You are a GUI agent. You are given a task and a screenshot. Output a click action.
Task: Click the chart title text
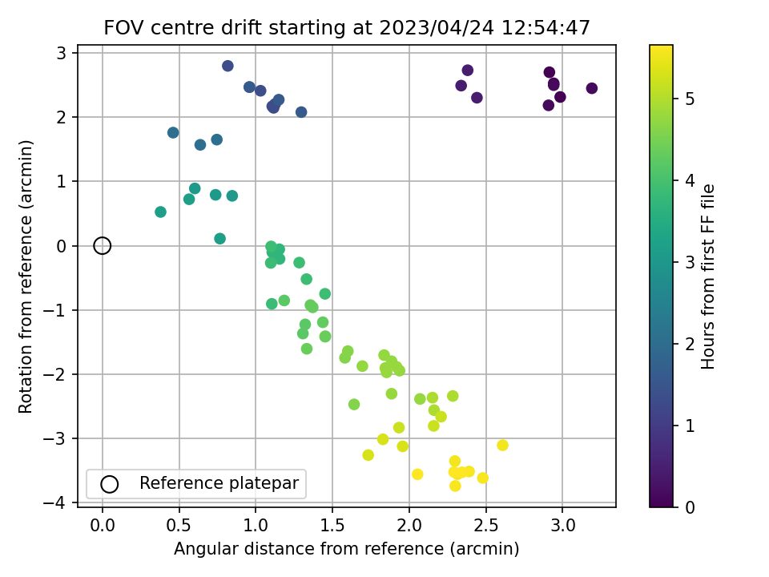(347, 28)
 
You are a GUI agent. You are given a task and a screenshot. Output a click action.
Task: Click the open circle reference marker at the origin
(102, 245)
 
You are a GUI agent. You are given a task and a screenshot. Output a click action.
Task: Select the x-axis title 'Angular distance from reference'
(346, 549)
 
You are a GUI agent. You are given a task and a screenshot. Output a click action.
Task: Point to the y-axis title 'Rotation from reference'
(26, 276)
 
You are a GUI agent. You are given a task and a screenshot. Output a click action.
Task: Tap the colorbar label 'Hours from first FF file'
(708, 276)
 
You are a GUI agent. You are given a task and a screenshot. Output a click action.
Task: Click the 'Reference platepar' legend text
(219, 483)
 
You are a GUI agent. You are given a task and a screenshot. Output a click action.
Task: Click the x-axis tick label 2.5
(485, 526)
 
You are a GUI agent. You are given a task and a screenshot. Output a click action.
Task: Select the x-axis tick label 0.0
(102, 526)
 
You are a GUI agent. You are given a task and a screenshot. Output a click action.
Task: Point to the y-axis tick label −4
(61, 502)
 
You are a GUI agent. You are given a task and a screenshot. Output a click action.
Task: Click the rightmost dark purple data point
(591, 88)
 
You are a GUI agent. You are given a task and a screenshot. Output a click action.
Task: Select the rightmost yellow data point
(502, 445)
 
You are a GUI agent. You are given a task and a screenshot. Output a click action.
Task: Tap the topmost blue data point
(227, 66)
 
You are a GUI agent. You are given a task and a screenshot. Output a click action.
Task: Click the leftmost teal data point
(160, 212)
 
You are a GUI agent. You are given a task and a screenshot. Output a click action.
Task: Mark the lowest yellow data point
(455, 486)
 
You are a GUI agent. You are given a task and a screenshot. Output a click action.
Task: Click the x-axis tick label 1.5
(332, 526)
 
